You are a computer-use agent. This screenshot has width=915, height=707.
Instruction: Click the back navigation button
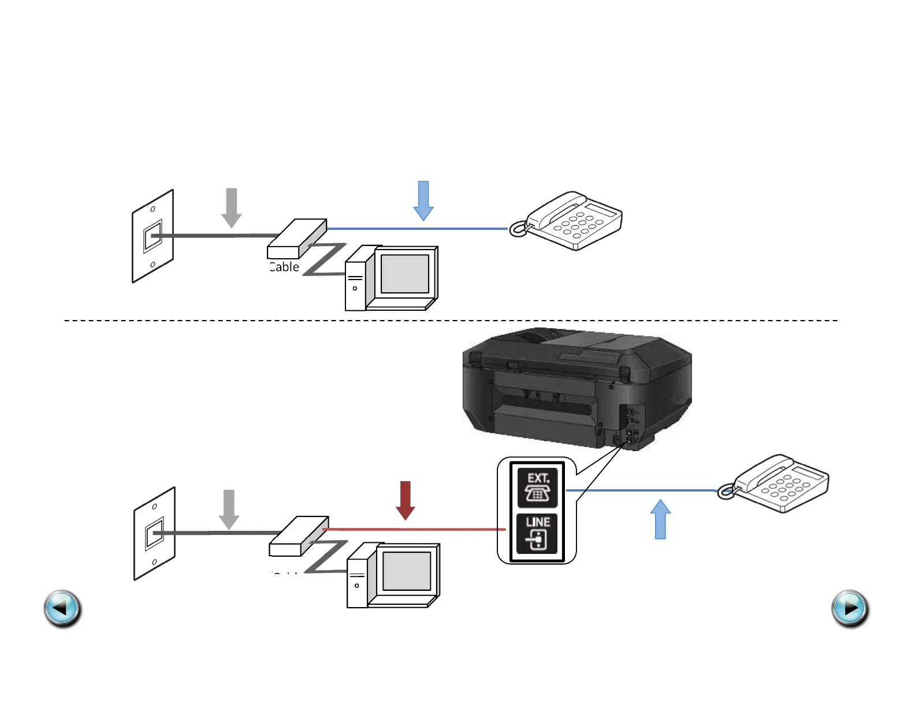pyautogui.click(x=62, y=608)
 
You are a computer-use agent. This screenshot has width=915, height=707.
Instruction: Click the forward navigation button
pyautogui.click(x=850, y=608)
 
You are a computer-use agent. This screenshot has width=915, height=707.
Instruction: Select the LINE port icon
pyautogui.click(x=537, y=533)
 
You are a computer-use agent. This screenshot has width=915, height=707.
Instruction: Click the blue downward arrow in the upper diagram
pyautogui.click(x=423, y=200)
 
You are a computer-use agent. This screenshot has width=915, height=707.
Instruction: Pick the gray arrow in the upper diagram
pyautogui.click(x=232, y=207)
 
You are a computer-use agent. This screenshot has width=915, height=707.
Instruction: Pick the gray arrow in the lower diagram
pyautogui.click(x=229, y=509)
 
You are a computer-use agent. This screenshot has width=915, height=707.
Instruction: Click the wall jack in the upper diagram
pyautogui.click(x=153, y=236)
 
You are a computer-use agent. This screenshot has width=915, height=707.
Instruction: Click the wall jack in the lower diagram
pyautogui.click(x=155, y=533)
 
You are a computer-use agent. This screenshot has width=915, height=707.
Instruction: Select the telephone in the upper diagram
pyautogui.click(x=569, y=221)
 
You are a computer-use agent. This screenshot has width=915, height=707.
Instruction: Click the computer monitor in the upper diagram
pyautogui.click(x=404, y=274)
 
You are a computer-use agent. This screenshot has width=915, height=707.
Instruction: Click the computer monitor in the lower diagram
pyautogui.click(x=407, y=572)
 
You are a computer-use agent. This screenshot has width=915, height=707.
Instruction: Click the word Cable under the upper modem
pyautogui.click(x=284, y=267)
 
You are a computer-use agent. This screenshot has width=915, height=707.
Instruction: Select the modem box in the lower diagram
pyautogui.click(x=298, y=536)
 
